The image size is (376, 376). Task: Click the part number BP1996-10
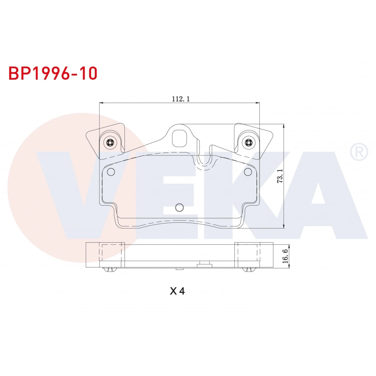[53, 73]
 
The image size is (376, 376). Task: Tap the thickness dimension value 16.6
[285, 255]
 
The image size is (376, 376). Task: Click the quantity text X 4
[177, 291]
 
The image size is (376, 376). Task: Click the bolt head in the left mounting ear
[110, 143]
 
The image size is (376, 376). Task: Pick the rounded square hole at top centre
[180, 137]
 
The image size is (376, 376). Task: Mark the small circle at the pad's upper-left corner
[111, 172]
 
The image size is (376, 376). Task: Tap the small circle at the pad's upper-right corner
[246, 172]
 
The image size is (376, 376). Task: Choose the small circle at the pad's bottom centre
[179, 207]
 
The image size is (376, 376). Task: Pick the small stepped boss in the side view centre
[204, 263]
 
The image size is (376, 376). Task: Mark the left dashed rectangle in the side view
[112, 254]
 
